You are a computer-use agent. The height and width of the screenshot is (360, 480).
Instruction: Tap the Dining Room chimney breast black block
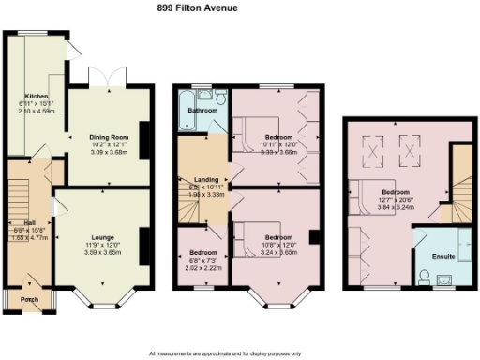tap(143, 135)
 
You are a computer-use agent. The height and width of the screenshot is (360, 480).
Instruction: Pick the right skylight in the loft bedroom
tap(410, 146)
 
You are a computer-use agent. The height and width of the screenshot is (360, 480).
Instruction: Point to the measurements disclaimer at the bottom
tap(240, 353)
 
